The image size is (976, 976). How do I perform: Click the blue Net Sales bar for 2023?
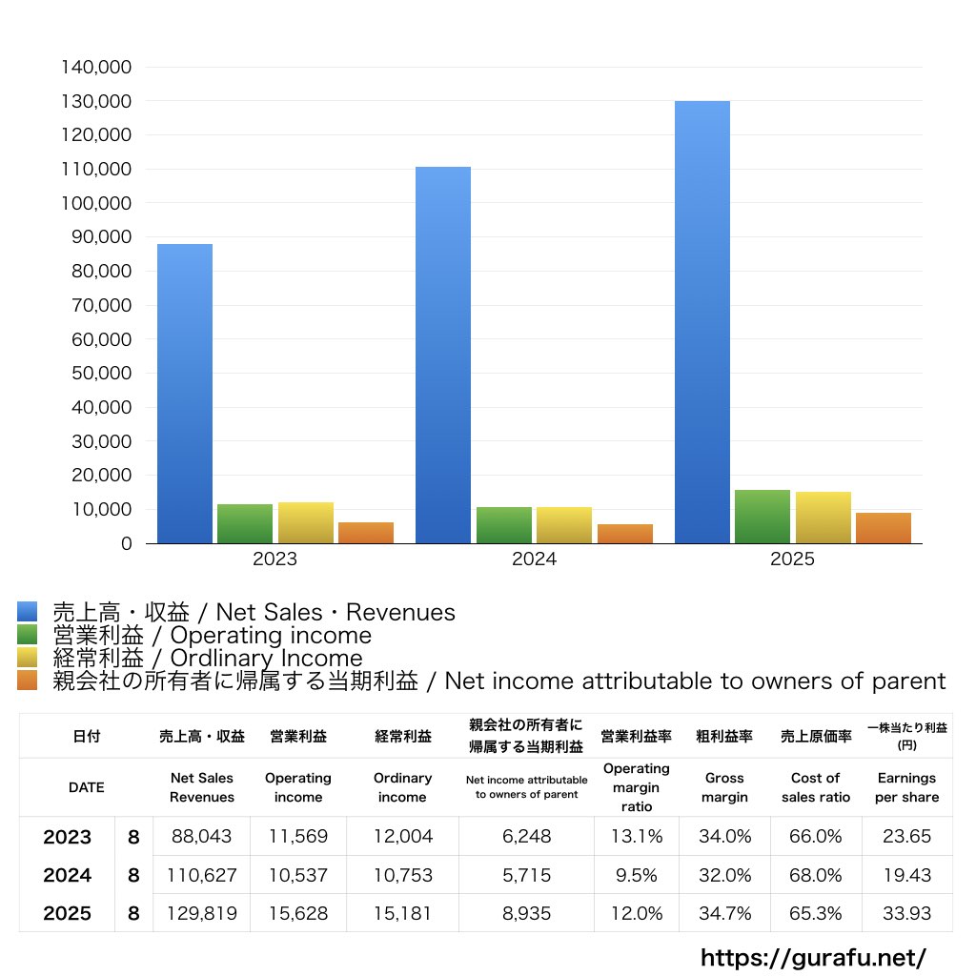[x=184, y=393]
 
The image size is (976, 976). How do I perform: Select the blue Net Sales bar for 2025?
[x=702, y=322]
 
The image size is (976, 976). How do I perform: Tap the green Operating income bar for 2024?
[x=503, y=525]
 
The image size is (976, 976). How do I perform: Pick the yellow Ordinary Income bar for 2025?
[x=823, y=518]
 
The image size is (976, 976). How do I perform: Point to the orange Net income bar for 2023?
[x=365, y=533]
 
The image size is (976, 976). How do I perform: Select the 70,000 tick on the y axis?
[x=100, y=305]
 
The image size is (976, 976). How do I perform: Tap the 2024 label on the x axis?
[x=534, y=559]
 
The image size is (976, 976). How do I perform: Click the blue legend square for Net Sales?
[x=27, y=612]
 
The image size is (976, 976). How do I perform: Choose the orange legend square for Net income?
[x=27, y=681]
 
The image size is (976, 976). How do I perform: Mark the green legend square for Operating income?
[x=27, y=635]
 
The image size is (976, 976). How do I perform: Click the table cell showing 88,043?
[x=201, y=837]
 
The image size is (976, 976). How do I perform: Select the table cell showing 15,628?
[x=297, y=913]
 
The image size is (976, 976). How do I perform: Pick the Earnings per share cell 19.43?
[x=906, y=875]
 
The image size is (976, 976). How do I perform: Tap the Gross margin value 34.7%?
[x=724, y=913]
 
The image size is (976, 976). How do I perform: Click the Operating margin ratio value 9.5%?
[x=636, y=875]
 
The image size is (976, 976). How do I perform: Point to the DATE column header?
[x=86, y=787]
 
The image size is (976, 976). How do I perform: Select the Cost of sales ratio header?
[x=815, y=787]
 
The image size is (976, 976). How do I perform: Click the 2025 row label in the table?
[x=67, y=913]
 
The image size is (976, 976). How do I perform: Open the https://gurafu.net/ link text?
[x=813, y=957]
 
